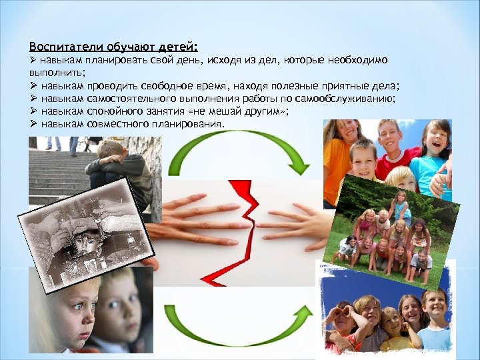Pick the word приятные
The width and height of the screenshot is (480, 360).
345,86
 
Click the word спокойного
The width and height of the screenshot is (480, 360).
115,111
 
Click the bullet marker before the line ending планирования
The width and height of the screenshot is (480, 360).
33,124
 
